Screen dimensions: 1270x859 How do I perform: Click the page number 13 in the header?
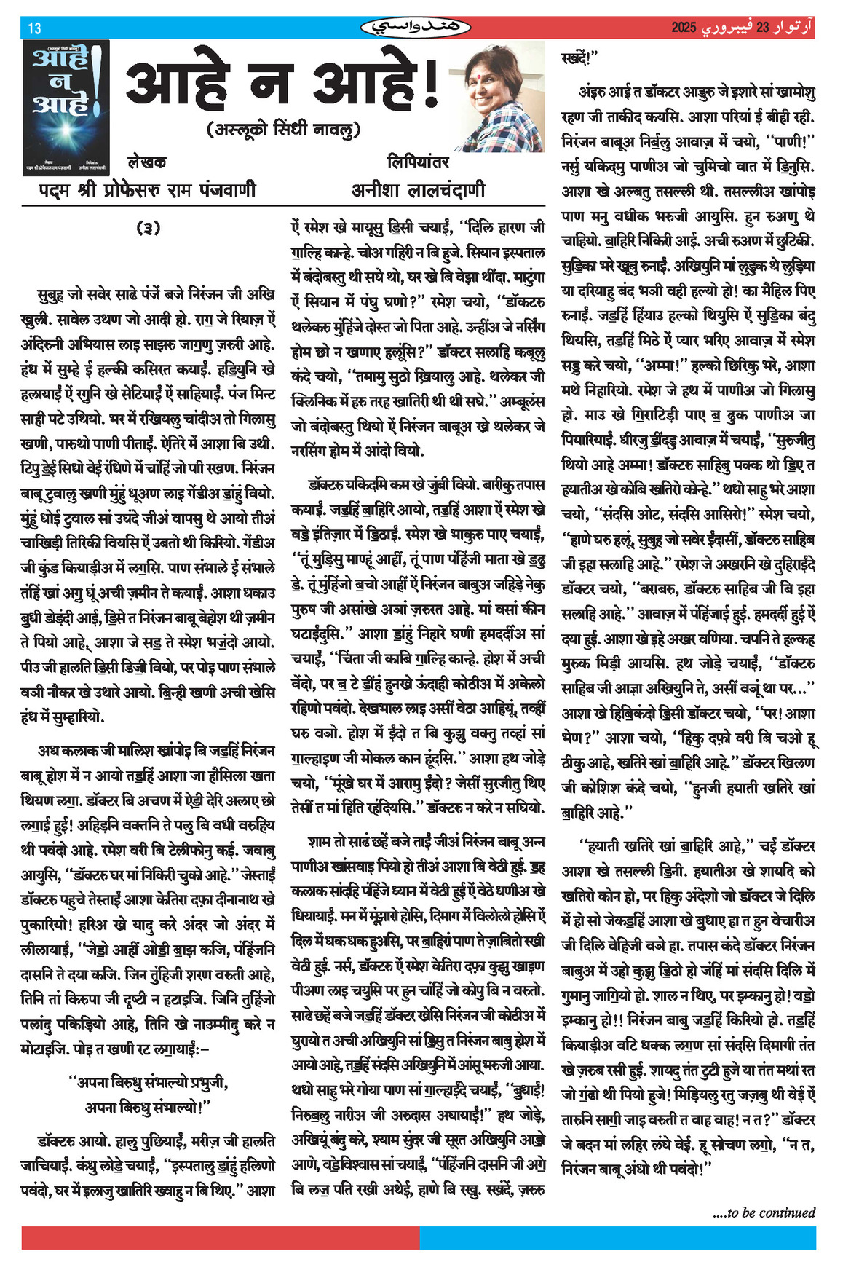click(34, 28)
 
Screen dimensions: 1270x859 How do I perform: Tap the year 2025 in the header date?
click(684, 28)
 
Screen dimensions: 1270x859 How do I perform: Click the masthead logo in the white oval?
click(416, 28)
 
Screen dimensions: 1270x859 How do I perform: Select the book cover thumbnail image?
click(66, 106)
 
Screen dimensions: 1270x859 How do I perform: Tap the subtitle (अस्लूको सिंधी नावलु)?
click(284, 130)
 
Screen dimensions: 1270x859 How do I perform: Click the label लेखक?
click(146, 162)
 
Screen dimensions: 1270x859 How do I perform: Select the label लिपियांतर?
click(418, 162)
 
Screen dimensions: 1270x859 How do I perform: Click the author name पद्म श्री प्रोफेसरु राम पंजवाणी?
click(147, 190)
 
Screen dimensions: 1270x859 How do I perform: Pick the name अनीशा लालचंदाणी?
click(418, 190)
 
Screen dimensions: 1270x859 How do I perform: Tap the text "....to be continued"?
click(764, 1212)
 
